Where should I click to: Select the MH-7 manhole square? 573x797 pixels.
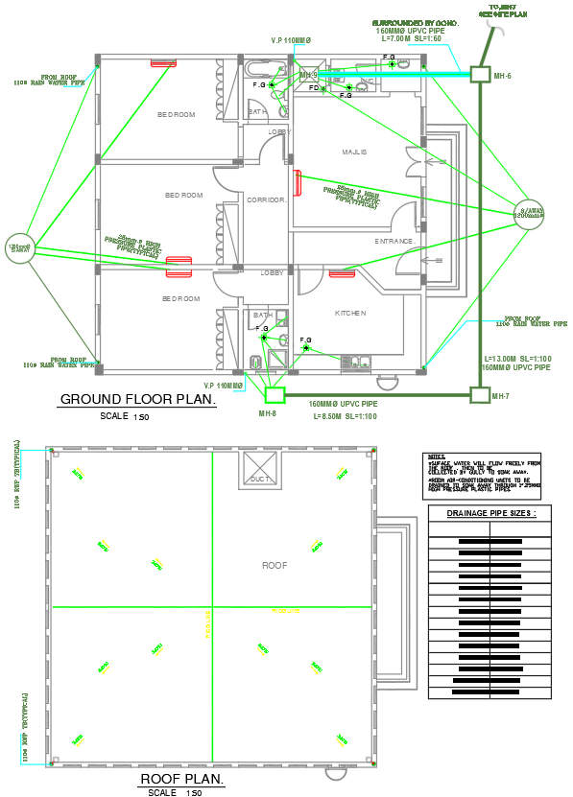(478, 394)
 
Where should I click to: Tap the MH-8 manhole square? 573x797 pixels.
(275, 394)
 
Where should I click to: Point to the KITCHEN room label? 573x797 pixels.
(350, 313)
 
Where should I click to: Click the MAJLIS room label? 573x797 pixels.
(355, 152)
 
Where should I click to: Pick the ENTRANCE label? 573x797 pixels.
(394, 241)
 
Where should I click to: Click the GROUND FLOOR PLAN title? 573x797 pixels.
(138, 400)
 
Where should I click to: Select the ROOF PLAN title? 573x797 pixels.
(181, 779)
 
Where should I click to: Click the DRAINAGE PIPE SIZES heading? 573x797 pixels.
(490, 514)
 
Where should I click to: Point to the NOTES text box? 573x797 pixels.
(488, 474)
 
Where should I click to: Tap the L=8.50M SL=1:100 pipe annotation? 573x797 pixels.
(342, 415)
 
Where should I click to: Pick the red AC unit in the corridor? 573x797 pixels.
(298, 182)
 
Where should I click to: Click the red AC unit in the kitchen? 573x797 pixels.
(343, 274)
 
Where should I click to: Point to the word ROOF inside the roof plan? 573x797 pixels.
(275, 566)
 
